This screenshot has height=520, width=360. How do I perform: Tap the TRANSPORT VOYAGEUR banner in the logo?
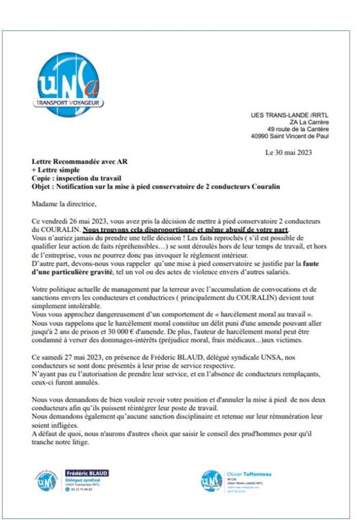click(69, 103)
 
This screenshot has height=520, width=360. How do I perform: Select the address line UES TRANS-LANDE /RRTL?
click(290, 115)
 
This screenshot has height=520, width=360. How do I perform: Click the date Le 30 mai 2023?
click(288, 152)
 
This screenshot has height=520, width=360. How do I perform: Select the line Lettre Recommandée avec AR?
click(79, 162)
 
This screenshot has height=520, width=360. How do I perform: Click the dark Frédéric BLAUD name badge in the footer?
click(87, 473)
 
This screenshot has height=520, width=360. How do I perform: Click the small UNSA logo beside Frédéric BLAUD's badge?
click(46, 480)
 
